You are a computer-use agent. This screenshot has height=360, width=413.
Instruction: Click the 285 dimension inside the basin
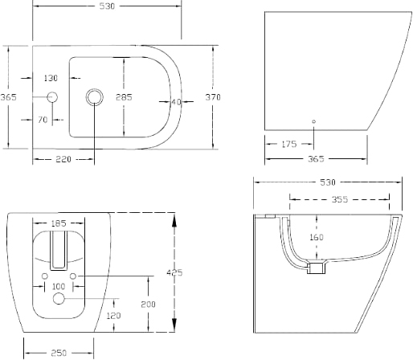point(124,97)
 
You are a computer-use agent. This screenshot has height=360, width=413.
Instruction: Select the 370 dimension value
point(213,97)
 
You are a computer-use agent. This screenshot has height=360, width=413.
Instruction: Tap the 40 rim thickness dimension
point(176,102)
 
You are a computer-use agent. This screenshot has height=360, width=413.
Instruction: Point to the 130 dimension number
point(51,78)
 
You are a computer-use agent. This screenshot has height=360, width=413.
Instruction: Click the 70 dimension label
point(43,120)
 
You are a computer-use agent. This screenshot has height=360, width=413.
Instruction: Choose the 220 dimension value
point(63,159)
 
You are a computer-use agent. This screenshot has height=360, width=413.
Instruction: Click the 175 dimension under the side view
point(289,144)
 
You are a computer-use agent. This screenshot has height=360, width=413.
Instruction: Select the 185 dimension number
point(59,223)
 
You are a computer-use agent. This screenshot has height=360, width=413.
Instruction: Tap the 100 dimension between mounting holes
point(59,286)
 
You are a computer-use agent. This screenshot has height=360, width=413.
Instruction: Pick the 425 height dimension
point(174,272)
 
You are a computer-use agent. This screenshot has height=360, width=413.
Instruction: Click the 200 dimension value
point(148,305)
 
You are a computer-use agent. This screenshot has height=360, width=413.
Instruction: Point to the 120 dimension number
point(113,316)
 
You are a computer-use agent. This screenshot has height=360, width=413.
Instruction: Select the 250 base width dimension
point(59,353)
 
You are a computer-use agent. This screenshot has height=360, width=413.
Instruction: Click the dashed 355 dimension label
point(340,199)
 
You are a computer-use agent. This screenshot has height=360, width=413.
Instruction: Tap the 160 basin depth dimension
point(317,237)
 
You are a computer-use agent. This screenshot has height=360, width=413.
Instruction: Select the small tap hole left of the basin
point(52,97)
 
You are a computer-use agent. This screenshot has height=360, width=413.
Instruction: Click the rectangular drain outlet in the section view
point(317,268)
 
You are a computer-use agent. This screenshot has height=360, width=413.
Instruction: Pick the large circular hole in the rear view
point(59,298)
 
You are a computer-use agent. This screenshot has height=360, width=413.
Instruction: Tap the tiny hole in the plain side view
point(313,121)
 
